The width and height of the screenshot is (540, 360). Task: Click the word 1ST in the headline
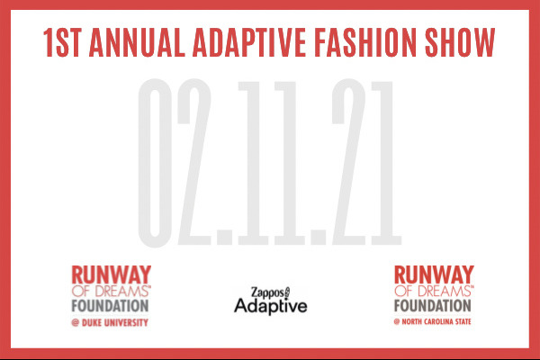pos(62,42)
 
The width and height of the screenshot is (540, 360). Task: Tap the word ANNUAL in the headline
pos(137,42)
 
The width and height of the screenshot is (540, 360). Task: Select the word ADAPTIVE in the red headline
pos(249,42)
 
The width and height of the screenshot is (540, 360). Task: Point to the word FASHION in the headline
pos(365,42)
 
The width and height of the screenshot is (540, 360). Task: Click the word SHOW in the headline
pos(460,42)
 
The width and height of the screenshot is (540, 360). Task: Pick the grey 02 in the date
pos(175,162)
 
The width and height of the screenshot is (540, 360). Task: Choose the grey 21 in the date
pos(366,162)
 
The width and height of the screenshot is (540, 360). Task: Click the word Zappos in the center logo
pos(267,292)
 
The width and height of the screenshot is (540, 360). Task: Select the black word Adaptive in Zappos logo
pos(271,306)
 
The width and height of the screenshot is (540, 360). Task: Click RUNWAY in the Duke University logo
pos(112,274)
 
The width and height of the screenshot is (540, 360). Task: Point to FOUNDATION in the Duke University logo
pos(110,306)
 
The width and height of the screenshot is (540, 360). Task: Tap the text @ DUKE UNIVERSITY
pos(110,322)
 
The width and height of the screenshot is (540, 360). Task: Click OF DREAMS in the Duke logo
pos(110,292)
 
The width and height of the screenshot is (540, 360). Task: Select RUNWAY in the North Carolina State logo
pos(434,274)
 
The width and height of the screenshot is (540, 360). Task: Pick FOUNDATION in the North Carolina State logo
pos(433,306)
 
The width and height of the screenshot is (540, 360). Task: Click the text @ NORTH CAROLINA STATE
pos(433,322)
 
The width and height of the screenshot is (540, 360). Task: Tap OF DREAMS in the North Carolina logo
pos(433,292)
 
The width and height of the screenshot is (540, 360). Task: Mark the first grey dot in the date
pos(224,237)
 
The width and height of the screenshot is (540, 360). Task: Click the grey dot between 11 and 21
pos(319,237)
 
